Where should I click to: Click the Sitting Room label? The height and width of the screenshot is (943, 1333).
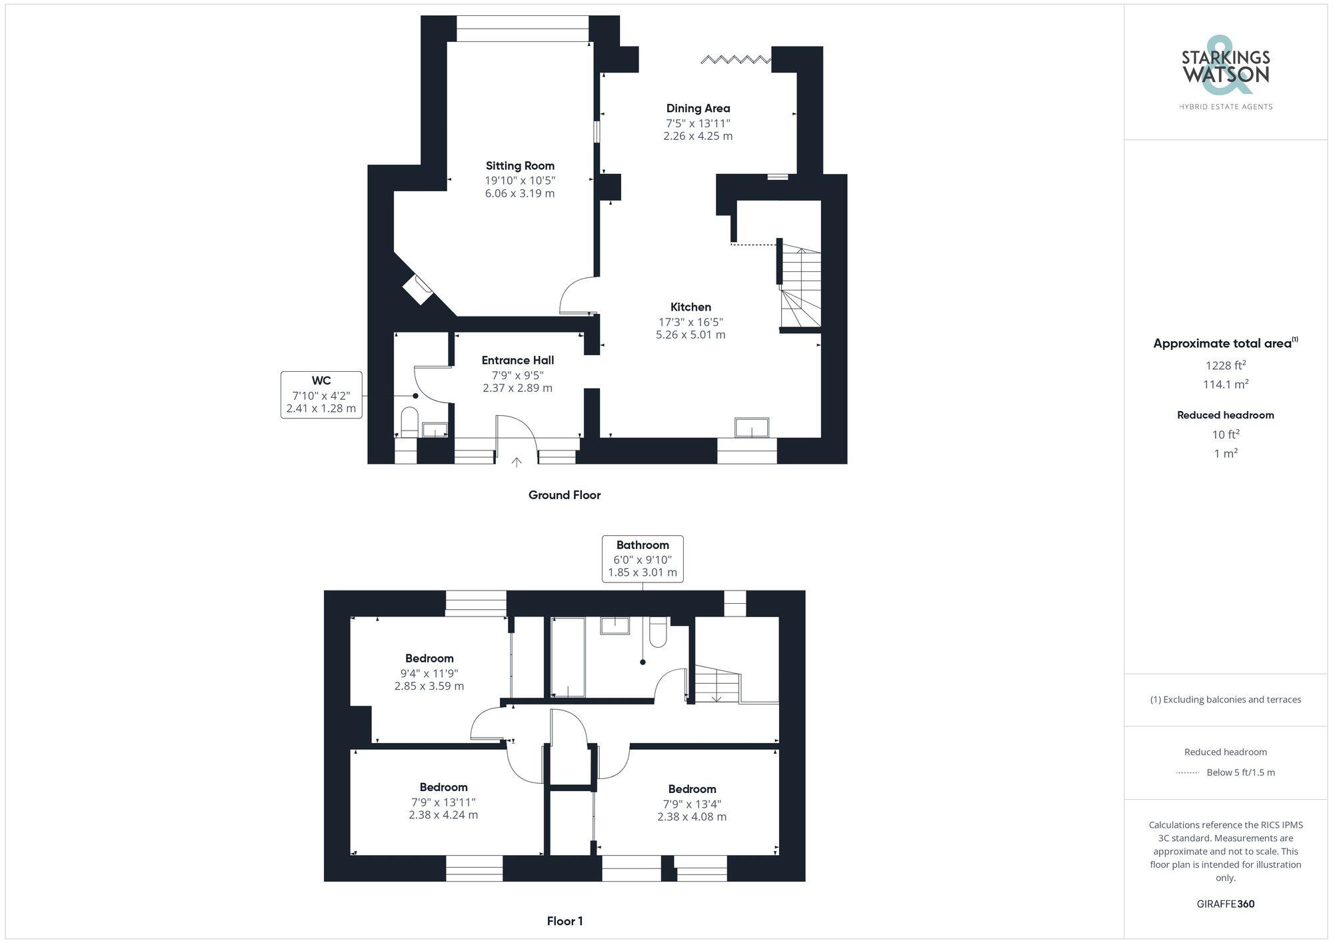coord(520,166)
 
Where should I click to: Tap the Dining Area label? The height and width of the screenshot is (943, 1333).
coord(698,109)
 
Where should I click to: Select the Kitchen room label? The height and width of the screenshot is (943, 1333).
coord(690,307)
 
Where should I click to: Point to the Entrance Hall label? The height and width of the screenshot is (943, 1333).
coord(518,361)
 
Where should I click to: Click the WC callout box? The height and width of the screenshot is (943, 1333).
coord(321,395)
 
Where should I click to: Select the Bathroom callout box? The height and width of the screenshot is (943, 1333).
coord(643,558)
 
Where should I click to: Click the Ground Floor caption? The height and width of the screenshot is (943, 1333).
coord(565,495)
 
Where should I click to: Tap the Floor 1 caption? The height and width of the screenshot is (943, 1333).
coord(565,921)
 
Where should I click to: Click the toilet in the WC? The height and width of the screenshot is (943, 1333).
coord(409,423)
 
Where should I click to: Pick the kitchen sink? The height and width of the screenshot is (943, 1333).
coord(751,427)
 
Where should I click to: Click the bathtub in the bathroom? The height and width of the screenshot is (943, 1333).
coord(568,657)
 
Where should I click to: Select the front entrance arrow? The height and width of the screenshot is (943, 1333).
coord(517,461)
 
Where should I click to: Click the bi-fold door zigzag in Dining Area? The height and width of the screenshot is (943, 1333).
coord(736,61)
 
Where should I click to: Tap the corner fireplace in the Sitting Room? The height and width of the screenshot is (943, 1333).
coord(418,290)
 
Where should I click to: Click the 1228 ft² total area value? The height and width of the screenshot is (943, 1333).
coord(1226,365)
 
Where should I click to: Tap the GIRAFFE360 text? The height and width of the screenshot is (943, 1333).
coord(1226,904)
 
